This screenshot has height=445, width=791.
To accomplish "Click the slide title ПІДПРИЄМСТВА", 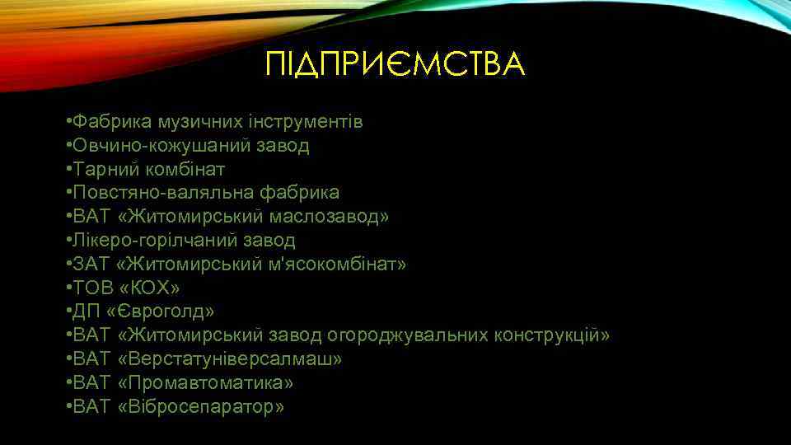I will click(395, 63).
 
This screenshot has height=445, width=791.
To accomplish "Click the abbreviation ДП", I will click(85, 312).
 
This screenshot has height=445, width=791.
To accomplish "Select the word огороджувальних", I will click(409, 335).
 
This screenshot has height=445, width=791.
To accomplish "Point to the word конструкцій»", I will click(553, 335).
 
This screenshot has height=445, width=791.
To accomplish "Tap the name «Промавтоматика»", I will click(206, 383).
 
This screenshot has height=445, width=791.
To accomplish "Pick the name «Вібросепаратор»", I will click(202, 407).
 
